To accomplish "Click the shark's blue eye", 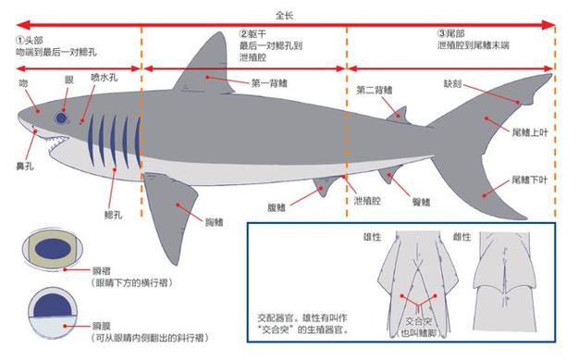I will pyautogui.click(x=63, y=118).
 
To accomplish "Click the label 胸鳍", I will pyautogui.click(x=216, y=221).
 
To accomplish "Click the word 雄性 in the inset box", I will pyautogui.click(x=374, y=237).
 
